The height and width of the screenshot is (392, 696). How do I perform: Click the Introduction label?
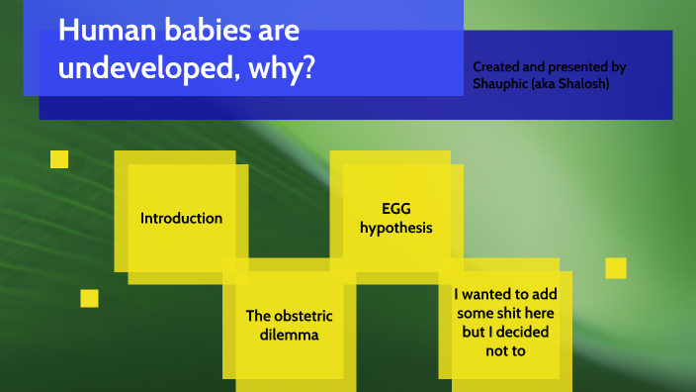click(181, 218)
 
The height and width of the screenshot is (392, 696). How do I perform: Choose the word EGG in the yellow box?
click(395, 209)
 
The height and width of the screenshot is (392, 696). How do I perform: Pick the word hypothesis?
click(395, 229)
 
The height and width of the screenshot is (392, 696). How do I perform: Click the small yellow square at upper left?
click(59, 159)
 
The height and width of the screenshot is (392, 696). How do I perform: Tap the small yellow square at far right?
click(616, 268)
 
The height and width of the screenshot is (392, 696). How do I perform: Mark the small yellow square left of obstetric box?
click(90, 298)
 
